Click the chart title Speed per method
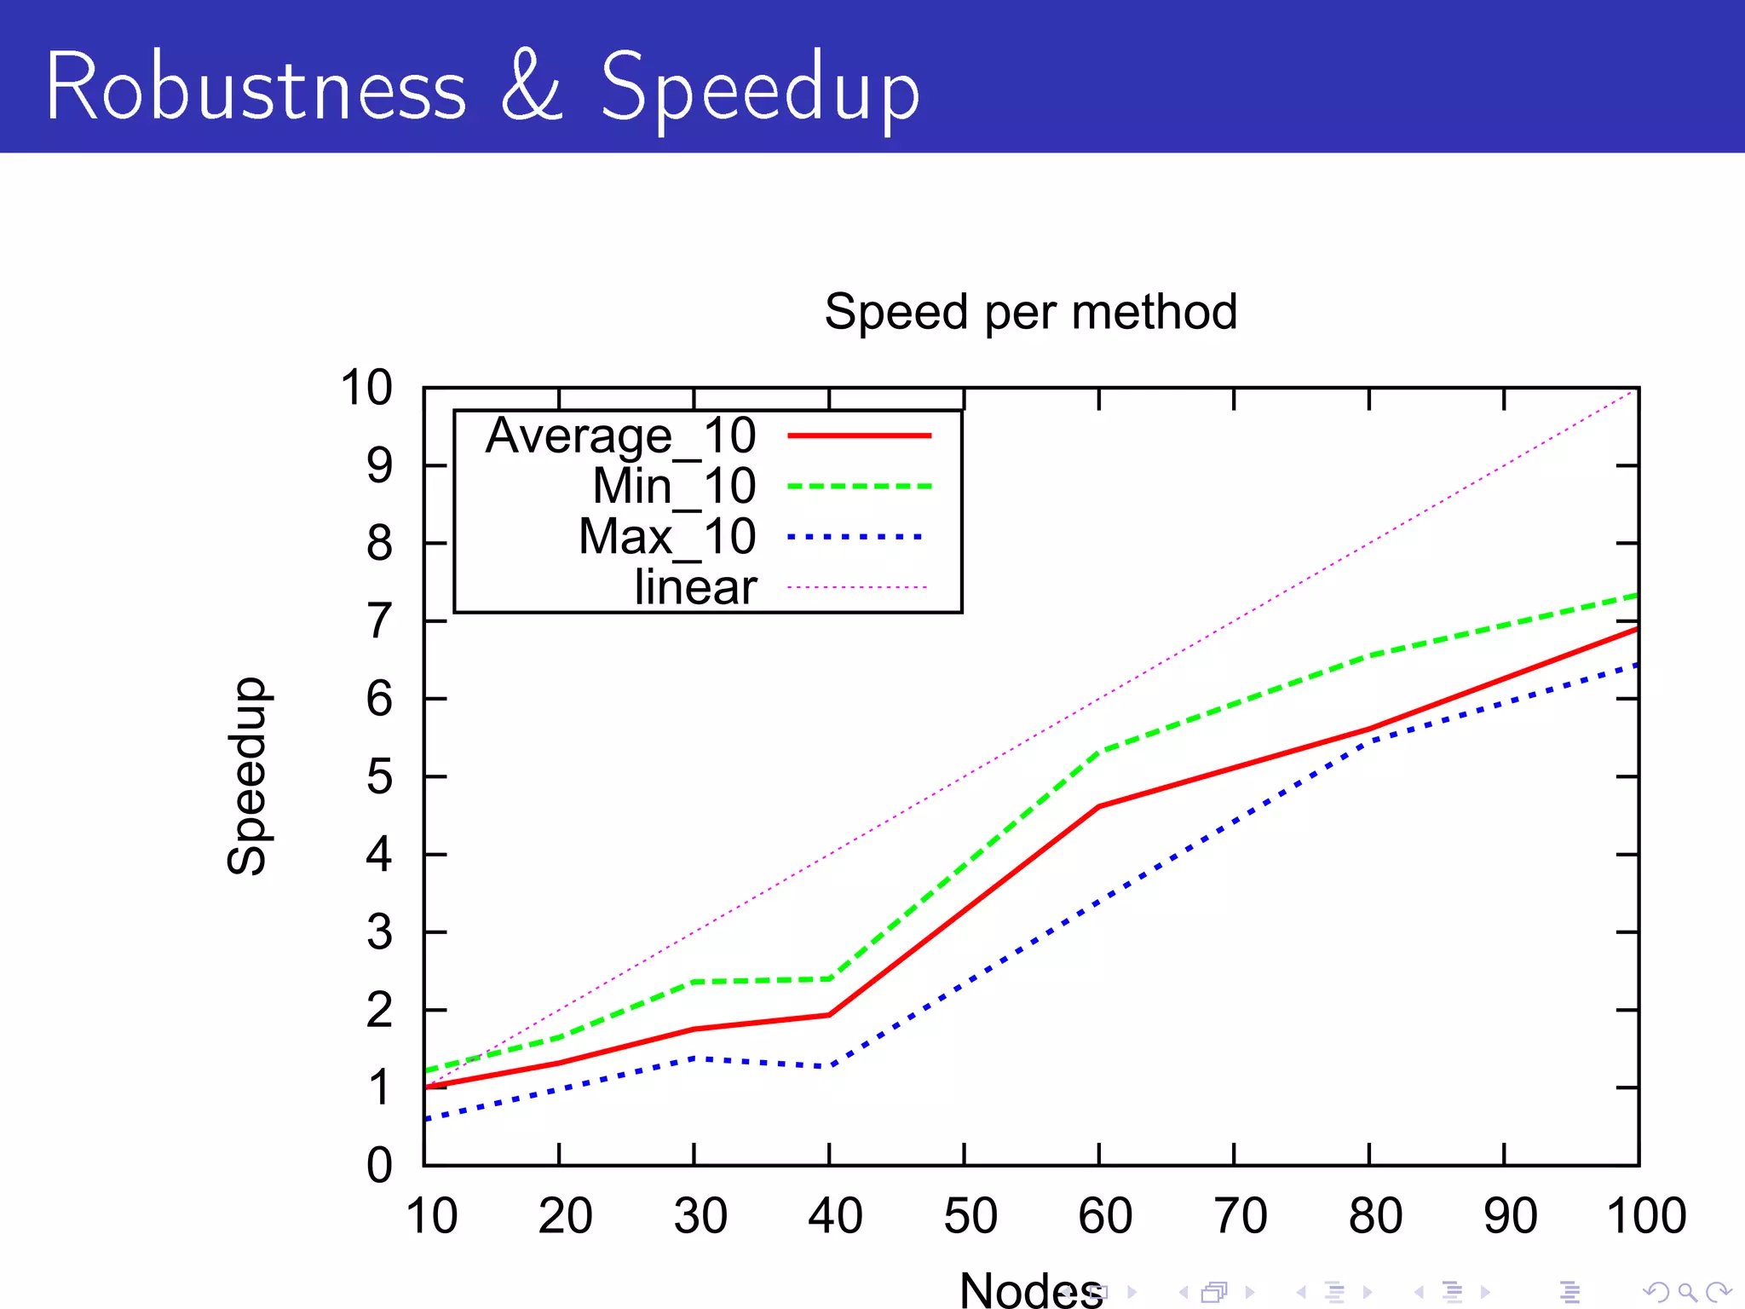click(x=1030, y=312)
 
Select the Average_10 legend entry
click(x=620, y=435)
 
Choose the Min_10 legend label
click(x=674, y=486)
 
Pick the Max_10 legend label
click(x=667, y=537)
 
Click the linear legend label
click(x=695, y=587)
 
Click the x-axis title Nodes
click(x=1030, y=1289)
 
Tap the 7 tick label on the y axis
click(x=379, y=621)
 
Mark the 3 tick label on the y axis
click(x=379, y=932)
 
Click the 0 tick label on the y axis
click(x=379, y=1165)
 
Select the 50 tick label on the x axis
click(x=970, y=1216)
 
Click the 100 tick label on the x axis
click(x=1645, y=1216)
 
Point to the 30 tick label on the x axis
click(x=700, y=1216)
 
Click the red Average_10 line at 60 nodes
click(x=1099, y=806)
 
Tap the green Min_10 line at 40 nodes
click(x=829, y=978)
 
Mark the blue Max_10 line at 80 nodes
click(x=1369, y=741)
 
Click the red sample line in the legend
click(x=859, y=435)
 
